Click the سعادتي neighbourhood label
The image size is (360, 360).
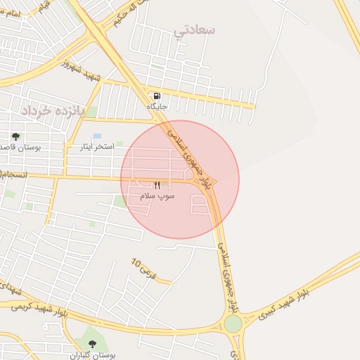click(198, 30)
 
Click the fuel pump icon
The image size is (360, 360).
click(156, 96)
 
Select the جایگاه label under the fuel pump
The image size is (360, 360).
click(156, 106)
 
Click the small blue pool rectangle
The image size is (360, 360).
click(97, 136)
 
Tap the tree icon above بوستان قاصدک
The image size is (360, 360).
click(15, 136)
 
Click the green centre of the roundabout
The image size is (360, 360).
click(233, 324)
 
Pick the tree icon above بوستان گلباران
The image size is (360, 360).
click(92, 344)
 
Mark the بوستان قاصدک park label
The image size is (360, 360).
click(18, 148)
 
